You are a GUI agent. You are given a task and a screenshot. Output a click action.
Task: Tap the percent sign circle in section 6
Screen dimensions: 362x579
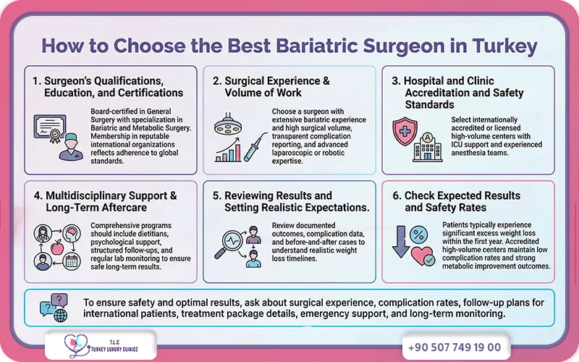(418, 235)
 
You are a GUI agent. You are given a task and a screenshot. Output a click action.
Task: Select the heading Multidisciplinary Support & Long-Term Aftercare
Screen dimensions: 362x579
(101, 202)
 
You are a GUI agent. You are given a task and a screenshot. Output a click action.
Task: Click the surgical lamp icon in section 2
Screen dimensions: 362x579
(229, 124)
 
